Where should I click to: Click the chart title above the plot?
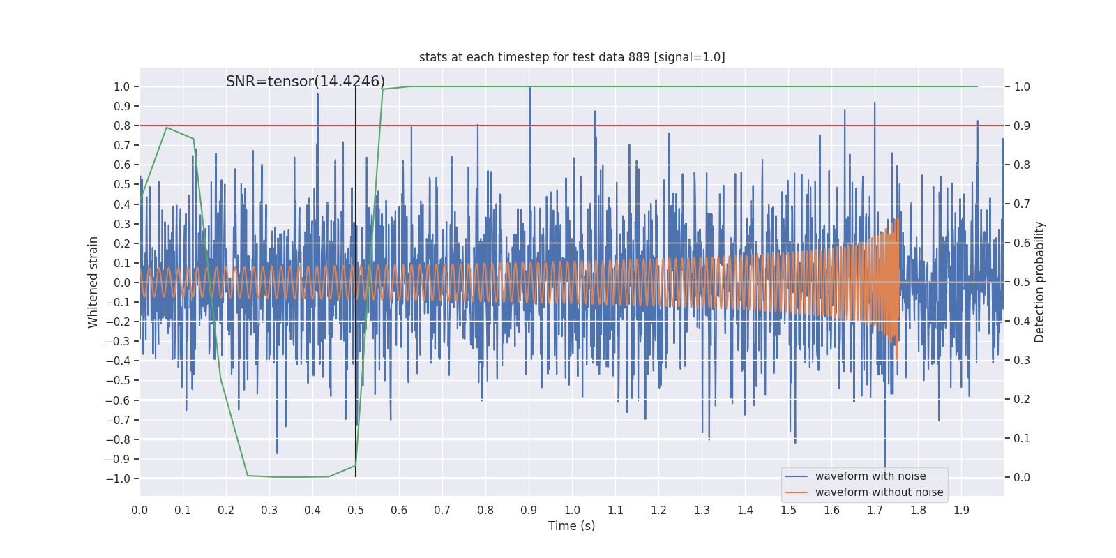572,57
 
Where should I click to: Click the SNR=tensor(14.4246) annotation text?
306,82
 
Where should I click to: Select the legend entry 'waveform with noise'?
870,476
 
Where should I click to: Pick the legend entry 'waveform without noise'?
878,492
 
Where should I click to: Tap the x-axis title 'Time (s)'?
571,526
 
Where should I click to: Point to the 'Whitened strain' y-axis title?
93,282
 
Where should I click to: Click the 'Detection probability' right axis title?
1040,282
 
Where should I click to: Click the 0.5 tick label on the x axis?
356,510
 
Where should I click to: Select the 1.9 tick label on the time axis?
961,510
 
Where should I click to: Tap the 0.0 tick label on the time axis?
139,510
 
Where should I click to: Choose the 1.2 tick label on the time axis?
658,510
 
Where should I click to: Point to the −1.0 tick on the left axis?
118,478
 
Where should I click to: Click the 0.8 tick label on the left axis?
122,126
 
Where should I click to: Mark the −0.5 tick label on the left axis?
118,381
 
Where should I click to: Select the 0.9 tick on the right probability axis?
1022,126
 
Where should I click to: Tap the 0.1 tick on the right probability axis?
1022,438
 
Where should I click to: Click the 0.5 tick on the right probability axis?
1022,282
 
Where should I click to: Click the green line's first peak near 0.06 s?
166,127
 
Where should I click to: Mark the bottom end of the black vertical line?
356,476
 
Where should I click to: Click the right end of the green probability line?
977,86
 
